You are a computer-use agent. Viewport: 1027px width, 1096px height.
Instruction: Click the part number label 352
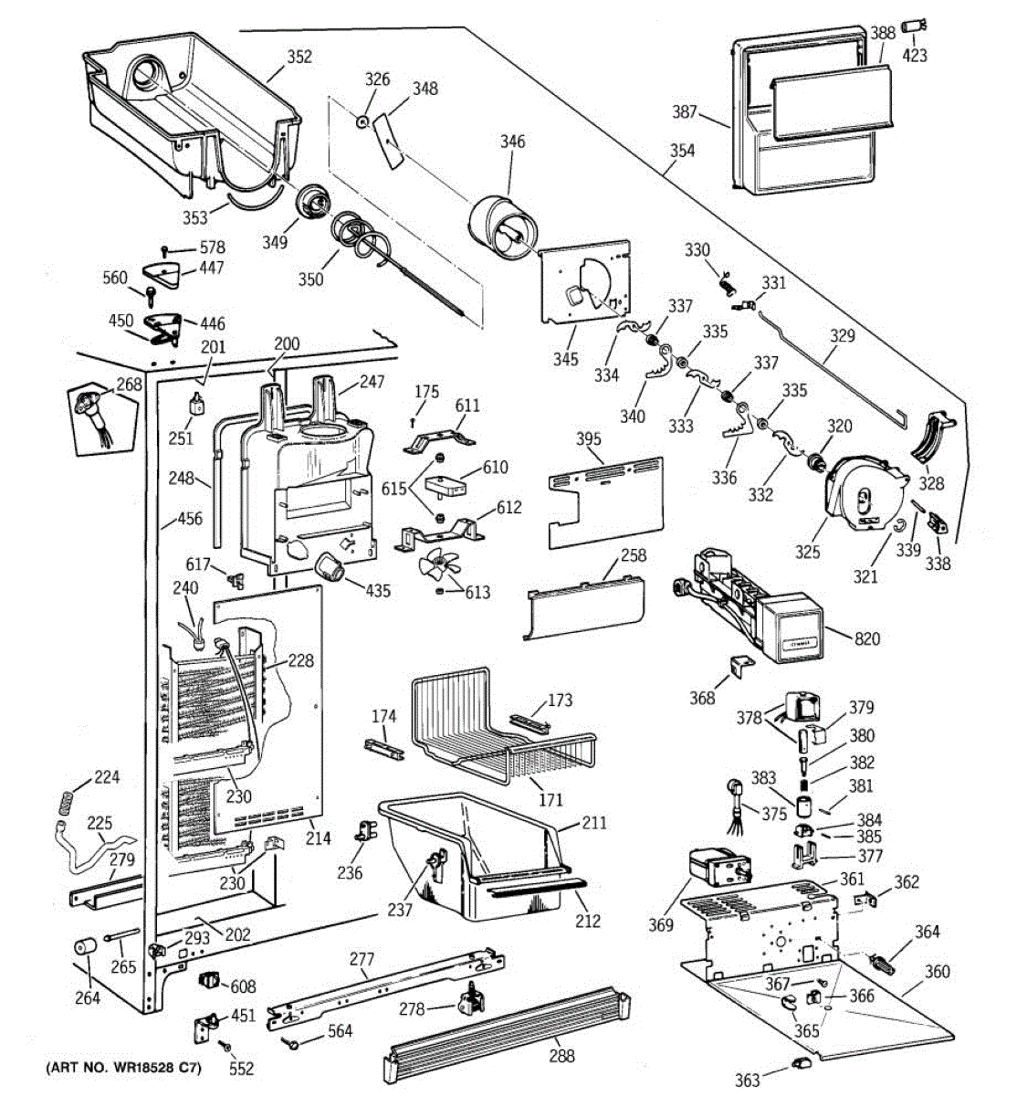tap(299, 57)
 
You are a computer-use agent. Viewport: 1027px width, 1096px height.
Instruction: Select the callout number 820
tap(867, 638)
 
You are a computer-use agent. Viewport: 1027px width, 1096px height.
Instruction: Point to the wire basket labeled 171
tap(498, 731)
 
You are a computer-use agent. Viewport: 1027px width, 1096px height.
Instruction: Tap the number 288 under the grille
tap(561, 1056)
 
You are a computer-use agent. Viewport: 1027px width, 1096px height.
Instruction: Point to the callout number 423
tap(915, 55)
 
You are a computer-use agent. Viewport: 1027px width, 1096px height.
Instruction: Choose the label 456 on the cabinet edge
tap(190, 519)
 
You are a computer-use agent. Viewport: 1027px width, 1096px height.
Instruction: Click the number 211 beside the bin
tap(593, 824)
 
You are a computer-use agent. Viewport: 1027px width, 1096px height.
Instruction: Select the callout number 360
tap(937, 972)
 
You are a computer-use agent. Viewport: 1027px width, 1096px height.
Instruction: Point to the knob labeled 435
tap(331, 572)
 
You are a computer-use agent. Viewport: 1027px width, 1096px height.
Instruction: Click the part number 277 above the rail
tap(362, 959)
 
